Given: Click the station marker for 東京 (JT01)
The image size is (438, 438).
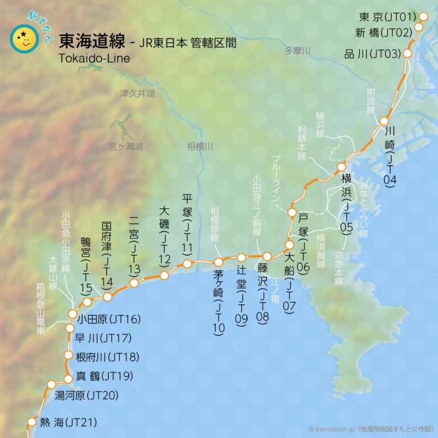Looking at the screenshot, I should pos(424,17).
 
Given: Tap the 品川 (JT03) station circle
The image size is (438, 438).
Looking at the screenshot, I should pos(408,54).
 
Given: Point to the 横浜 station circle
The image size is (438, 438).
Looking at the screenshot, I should pos(342,167).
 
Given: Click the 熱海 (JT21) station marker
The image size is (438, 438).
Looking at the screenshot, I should pos(32,422).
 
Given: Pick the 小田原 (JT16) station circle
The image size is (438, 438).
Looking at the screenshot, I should pos(72,314).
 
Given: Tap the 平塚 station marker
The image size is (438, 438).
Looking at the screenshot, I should pos(187,263).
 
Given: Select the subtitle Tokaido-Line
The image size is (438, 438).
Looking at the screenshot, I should pos(94,58).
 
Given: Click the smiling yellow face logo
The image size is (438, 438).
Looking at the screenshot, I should pos(24,39).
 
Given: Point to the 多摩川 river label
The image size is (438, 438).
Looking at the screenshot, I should pos(298,51).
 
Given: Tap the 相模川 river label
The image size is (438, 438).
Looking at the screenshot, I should pos(200,147).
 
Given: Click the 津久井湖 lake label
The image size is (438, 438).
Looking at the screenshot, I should pos(137,93).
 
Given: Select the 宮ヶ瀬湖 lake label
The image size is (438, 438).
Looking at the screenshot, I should pos(125,147).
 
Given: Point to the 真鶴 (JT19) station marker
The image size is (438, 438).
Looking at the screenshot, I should pos(68,378).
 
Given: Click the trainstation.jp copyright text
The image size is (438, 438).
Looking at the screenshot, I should pos(371,429).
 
